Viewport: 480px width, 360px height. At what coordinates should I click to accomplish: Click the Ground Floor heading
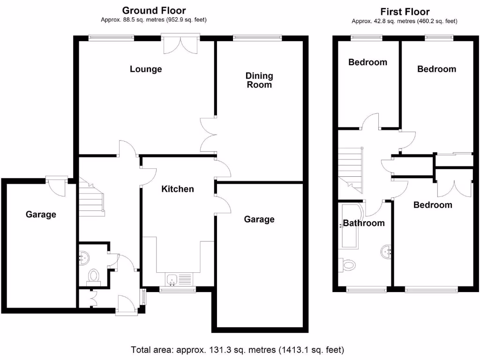point(154,10)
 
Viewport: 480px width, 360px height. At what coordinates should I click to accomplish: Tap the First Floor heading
point(405,12)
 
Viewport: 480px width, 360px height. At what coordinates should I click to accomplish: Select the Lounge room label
point(146,69)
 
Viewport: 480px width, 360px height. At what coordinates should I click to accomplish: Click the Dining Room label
point(259,80)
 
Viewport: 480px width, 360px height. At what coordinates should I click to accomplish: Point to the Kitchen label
point(178,189)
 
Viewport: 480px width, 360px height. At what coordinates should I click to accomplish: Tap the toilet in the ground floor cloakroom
point(94,276)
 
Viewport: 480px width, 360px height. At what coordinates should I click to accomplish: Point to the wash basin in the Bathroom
point(387,252)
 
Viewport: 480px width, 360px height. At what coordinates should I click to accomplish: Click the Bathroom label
point(364,223)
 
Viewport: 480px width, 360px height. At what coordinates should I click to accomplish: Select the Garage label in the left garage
point(41,215)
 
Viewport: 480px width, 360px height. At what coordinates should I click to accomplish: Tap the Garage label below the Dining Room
point(259,219)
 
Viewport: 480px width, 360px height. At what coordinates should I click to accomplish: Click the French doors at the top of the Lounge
point(181,44)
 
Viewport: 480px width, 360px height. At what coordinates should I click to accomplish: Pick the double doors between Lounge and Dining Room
point(209,135)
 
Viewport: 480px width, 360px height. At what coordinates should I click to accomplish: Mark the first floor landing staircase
point(351,169)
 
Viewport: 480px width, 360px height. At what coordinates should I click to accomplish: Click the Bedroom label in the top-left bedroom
point(368,62)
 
